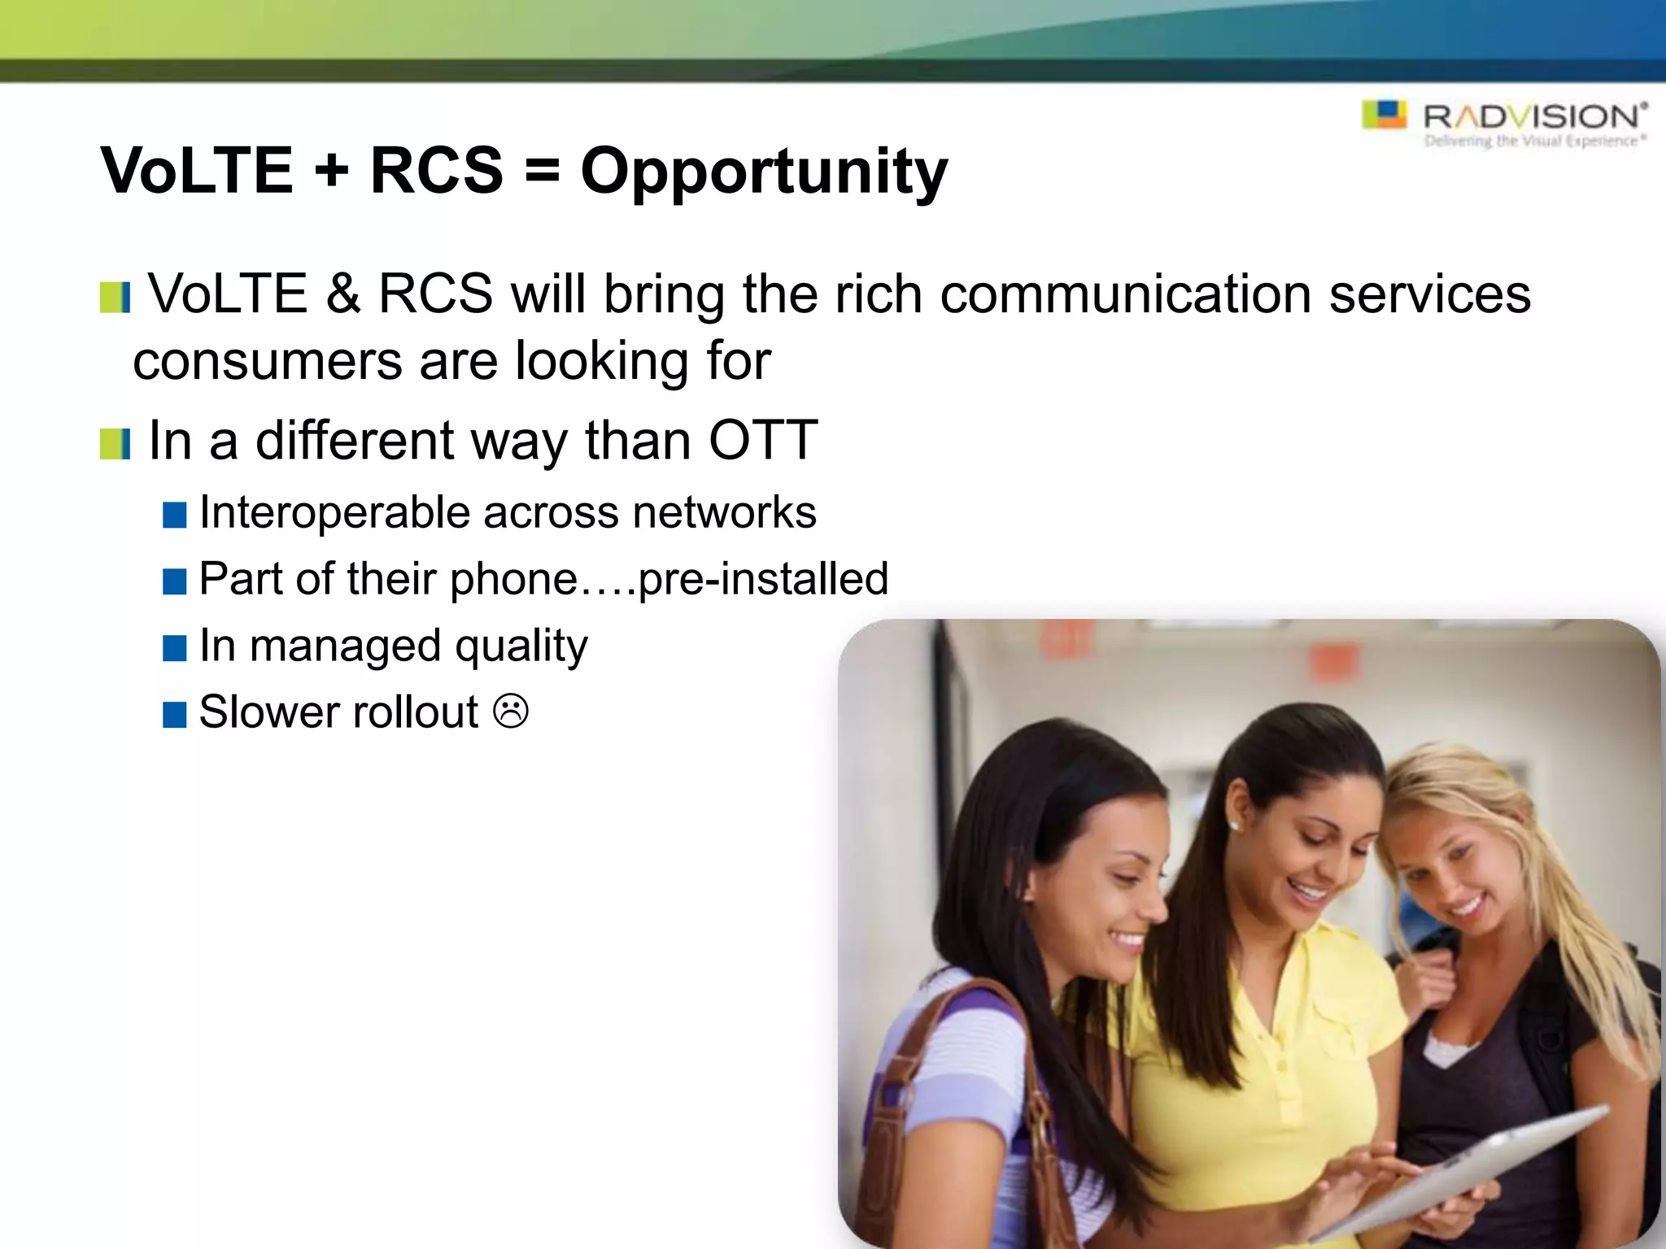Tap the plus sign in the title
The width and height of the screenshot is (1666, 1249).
(x=330, y=172)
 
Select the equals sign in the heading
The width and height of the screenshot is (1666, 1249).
(x=542, y=172)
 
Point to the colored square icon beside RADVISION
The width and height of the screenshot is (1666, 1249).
(x=1385, y=115)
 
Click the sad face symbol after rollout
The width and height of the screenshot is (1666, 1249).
(x=511, y=712)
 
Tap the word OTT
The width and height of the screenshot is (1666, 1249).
(x=762, y=441)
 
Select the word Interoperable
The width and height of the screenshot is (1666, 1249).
(x=339, y=513)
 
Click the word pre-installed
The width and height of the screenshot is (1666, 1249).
(x=763, y=579)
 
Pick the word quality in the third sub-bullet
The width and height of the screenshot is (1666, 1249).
(x=521, y=646)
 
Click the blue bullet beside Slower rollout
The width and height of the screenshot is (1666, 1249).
(x=175, y=715)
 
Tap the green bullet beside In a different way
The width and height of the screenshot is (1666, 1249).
(x=115, y=444)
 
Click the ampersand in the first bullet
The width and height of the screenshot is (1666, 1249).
(x=342, y=294)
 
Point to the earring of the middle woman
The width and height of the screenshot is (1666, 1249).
(x=1234, y=826)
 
